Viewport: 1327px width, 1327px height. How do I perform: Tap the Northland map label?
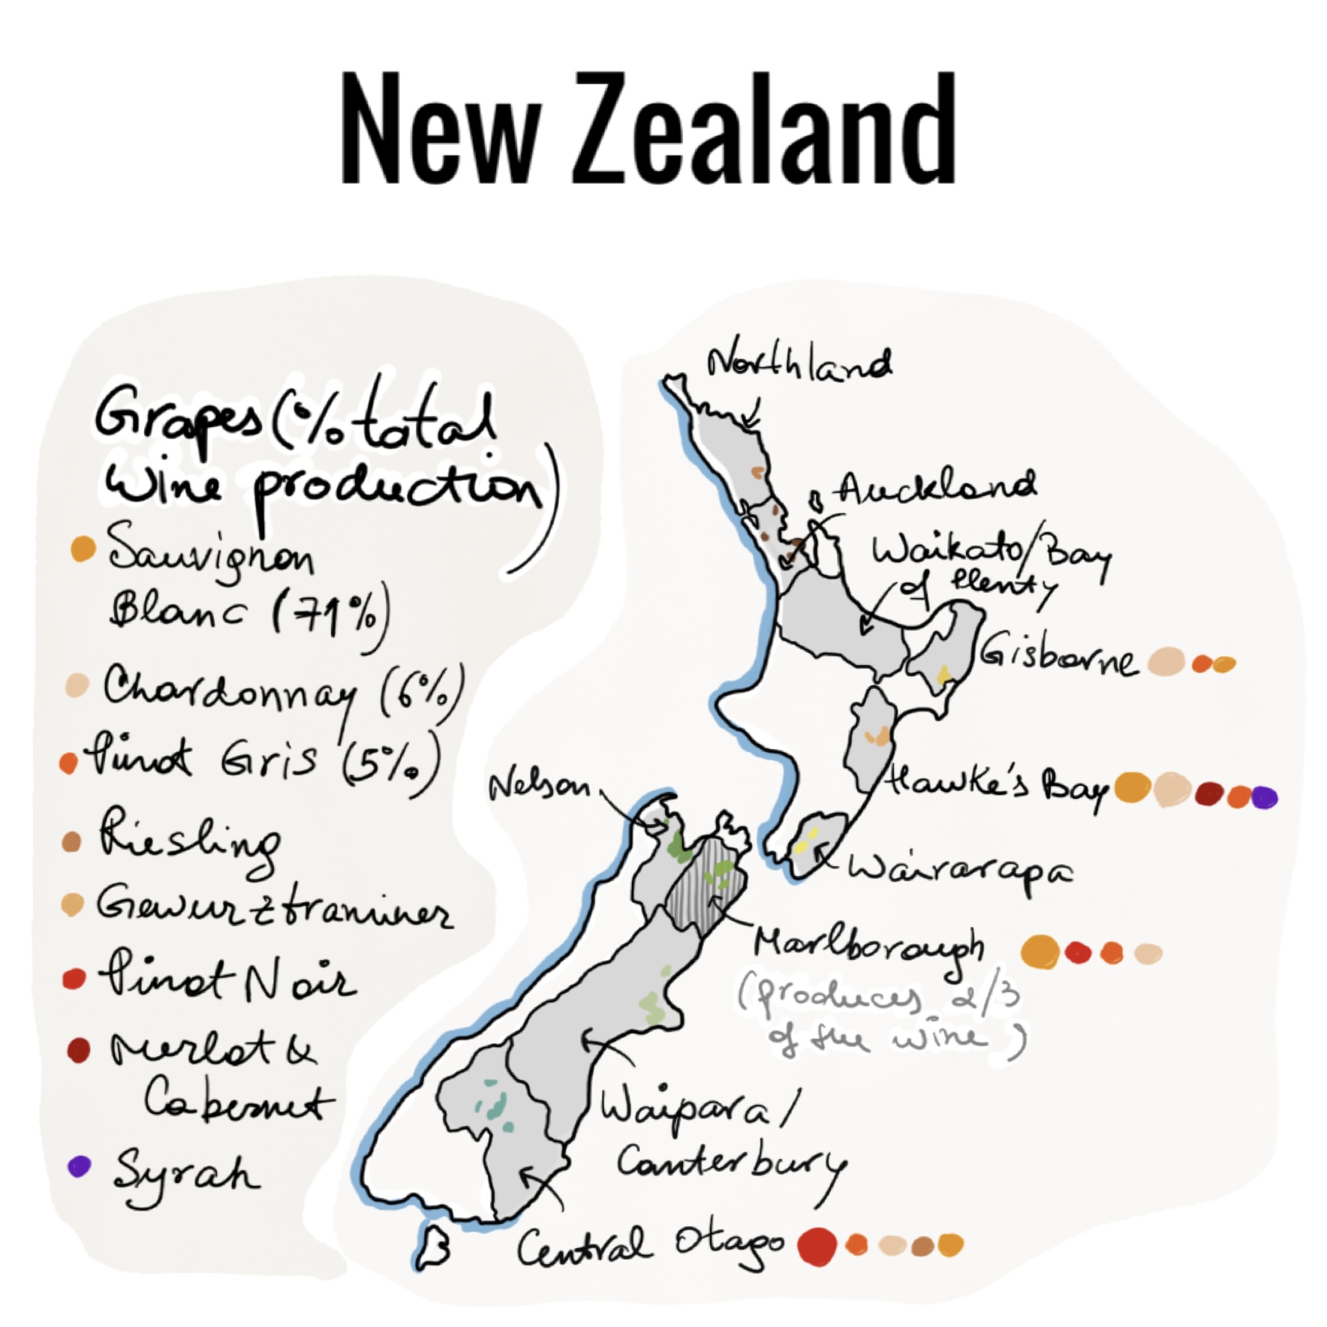(799, 366)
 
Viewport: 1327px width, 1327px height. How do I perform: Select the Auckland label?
(935, 488)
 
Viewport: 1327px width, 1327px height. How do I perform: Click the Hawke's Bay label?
(997, 787)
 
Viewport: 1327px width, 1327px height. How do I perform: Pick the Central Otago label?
(649, 1247)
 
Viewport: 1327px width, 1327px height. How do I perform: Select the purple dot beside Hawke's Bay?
(1264, 796)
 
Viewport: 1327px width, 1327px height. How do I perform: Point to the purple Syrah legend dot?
(78, 1166)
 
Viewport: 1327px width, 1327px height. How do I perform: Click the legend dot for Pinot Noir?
(74, 979)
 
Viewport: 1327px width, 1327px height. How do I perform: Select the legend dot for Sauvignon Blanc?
(83, 549)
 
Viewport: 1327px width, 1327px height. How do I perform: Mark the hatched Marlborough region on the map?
(706, 886)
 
